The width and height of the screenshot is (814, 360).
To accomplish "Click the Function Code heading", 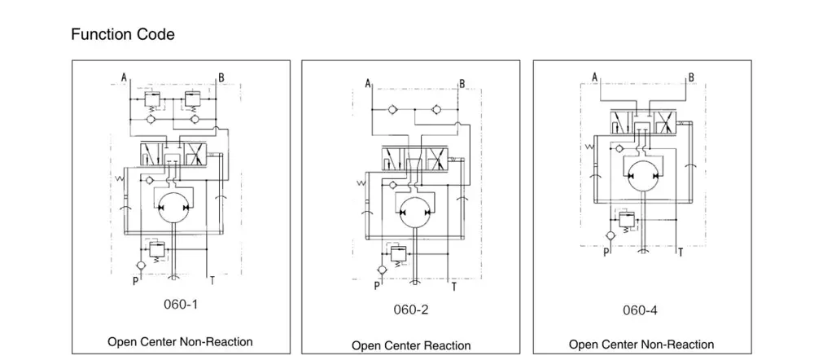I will [x=122, y=35].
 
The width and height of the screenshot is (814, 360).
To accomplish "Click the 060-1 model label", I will [x=181, y=305].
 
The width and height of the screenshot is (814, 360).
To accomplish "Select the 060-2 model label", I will [x=410, y=310].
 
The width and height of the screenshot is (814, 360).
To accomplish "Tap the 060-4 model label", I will [x=640, y=310].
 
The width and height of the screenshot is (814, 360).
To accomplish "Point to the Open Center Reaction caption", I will [x=410, y=345].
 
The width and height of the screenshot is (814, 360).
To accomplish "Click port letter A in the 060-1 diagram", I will [x=124, y=77].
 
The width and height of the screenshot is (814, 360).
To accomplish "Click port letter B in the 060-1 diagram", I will [x=221, y=78].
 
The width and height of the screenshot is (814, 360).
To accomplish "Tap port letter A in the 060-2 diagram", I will [x=368, y=83].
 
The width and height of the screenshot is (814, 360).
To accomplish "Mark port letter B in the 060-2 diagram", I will [x=462, y=84].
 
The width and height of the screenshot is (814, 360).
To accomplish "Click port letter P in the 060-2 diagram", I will [x=376, y=286].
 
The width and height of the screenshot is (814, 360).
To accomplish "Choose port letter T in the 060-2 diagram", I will [x=453, y=287].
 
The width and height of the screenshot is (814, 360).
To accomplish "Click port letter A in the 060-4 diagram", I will [x=595, y=77].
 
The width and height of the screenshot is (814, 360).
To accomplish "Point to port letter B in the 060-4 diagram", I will [x=691, y=78].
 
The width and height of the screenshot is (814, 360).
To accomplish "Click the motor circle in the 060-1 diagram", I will [x=172, y=210].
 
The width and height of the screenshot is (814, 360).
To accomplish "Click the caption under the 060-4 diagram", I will [x=641, y=345].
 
